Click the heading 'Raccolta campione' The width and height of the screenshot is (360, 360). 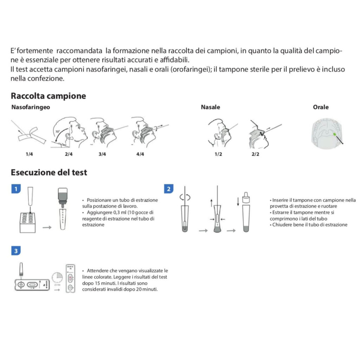[48, 96]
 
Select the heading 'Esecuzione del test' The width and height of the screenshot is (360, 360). [49, 172]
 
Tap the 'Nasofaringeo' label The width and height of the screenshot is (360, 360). [31, 107]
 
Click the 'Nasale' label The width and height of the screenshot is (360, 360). [210, 107]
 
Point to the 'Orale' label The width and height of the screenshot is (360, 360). [321, 107]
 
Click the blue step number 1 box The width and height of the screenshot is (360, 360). [15, 189]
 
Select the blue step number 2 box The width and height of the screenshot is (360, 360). [169, 189]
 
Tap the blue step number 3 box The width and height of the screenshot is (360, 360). [15, 251]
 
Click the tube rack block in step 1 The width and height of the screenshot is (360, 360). [29, 223]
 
